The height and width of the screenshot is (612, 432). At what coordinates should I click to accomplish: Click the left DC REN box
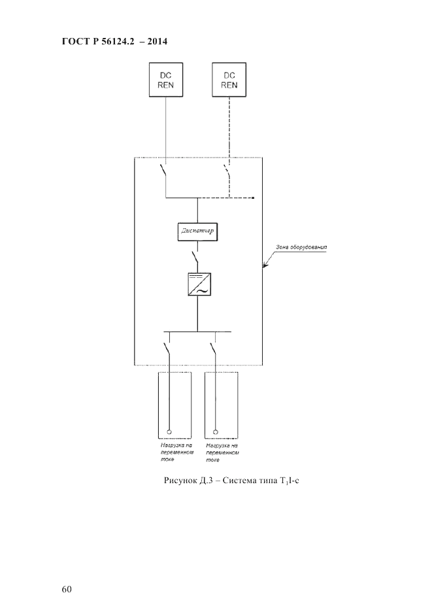coord(166,79)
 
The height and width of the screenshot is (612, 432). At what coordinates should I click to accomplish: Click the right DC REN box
coord(229,79)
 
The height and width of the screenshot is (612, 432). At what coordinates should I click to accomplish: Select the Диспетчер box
coord(197,231)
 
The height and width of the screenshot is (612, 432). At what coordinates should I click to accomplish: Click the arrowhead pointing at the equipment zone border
coord(264,265)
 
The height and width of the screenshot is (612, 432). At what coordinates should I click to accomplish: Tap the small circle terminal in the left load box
coord(169,432)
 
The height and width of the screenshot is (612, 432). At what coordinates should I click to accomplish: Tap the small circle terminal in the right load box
coord(216,432)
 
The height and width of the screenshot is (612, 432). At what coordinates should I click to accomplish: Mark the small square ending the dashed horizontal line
coord(254,196)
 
